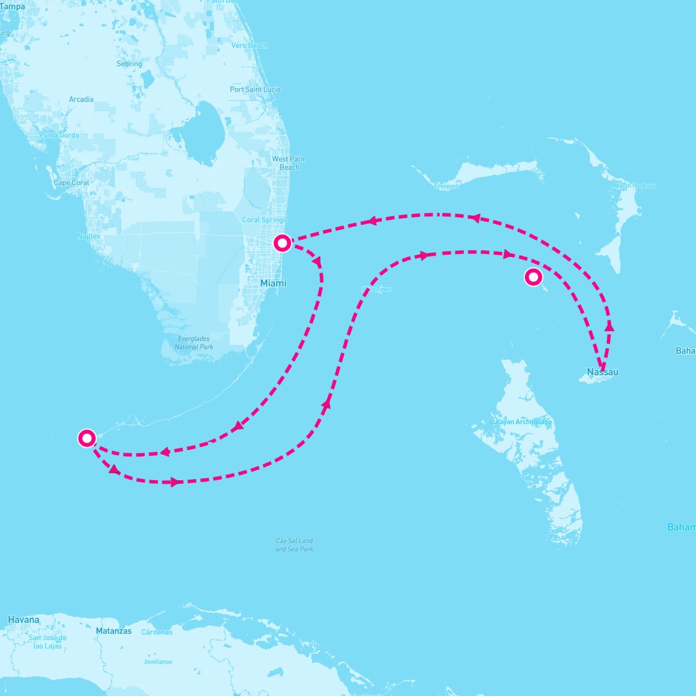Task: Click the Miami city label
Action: point(273,283)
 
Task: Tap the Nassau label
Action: point(602,372)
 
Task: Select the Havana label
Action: point(24,619)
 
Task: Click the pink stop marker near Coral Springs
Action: point(282,242)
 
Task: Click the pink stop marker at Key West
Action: point(87,438)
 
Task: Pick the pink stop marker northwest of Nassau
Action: point(533,277)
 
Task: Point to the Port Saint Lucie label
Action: point(255,89)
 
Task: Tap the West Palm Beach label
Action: point(289,163)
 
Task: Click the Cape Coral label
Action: point(71,183)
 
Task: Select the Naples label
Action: point(89,236)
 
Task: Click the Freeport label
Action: point(446,186)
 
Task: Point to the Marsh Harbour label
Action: point(634,186)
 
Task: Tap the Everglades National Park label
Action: point(194,343)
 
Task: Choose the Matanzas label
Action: point(114,630)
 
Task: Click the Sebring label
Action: point(129,64)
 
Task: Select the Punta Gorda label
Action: point(59,135)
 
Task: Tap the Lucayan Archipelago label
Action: point(521,422)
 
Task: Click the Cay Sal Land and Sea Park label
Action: point(294,545)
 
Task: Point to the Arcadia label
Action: point(81,99)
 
